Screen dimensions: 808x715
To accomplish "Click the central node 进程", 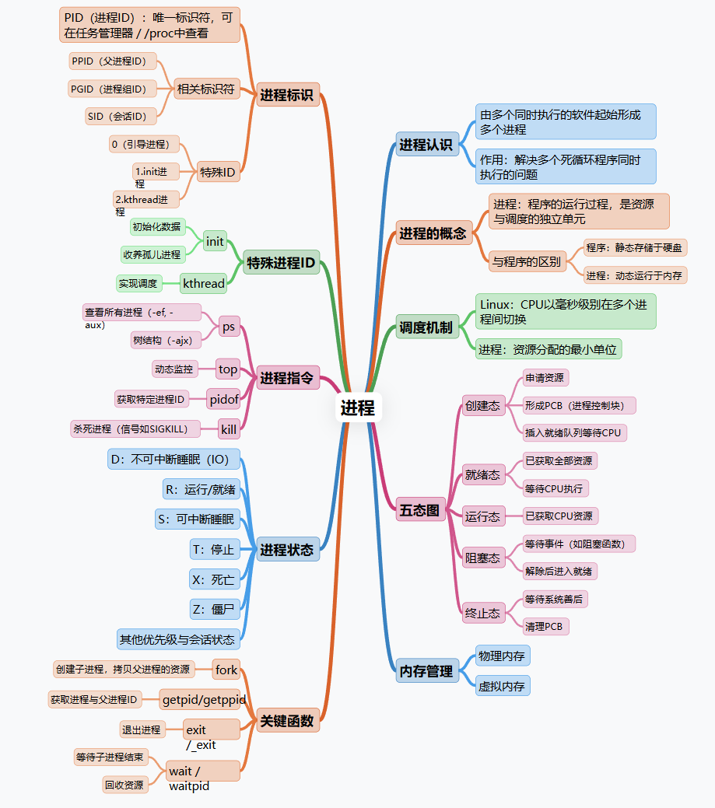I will point(358,407).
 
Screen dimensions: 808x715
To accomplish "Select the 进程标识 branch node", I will point(287,95).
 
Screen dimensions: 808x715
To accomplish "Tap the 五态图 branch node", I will point(420,510).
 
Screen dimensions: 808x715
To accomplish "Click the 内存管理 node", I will point(426,670).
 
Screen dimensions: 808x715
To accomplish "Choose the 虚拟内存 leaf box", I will point(502,686).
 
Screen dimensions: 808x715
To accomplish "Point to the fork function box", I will point(226,670).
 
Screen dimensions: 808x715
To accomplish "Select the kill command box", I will point(228,428).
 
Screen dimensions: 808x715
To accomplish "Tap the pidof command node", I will point(224,399).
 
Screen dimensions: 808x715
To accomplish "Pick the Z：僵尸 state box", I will point(214,609).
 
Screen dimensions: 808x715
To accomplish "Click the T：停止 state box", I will point(213,550).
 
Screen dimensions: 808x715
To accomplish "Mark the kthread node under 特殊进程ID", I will point(203,283).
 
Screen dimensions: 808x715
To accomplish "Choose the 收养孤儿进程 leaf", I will point(152,254).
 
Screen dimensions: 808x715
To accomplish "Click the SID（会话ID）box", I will point(121,117).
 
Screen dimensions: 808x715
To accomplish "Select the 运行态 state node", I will point(482,516).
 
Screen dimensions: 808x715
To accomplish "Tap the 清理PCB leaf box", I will point(545,626).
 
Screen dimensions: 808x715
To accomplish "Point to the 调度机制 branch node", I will point(426,327).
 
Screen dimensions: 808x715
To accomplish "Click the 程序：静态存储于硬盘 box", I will point(636,247).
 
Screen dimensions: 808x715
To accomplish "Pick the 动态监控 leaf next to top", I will point(173,369).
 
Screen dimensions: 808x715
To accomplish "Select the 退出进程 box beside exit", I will point(141,729).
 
